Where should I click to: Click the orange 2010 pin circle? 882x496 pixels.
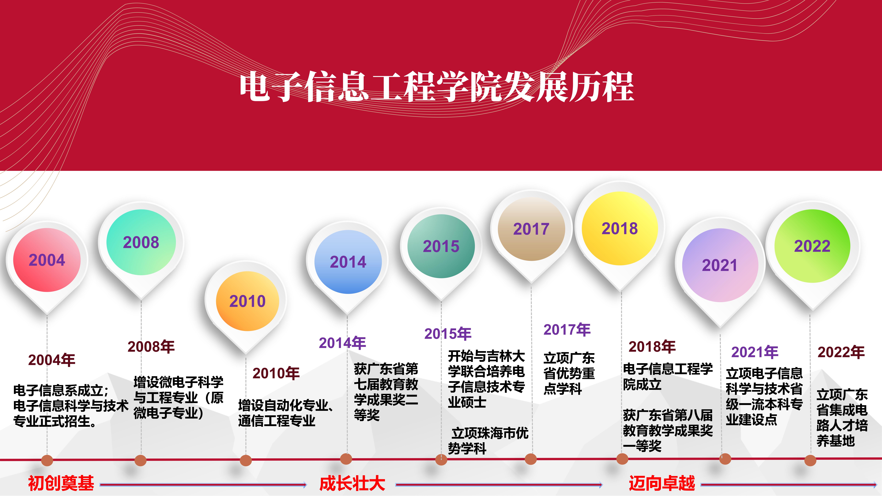247,301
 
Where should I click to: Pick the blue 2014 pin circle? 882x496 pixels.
348,262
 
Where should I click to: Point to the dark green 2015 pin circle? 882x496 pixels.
441,246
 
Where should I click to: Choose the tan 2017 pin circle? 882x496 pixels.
531,229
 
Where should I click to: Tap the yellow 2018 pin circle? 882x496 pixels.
620,228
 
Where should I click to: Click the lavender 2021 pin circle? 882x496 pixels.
720,265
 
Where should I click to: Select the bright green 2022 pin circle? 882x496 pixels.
812,246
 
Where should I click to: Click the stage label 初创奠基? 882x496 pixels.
61,483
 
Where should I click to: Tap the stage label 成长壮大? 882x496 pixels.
352,483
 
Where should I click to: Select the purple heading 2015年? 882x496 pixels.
448,334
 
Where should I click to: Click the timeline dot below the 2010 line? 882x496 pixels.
246,460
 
